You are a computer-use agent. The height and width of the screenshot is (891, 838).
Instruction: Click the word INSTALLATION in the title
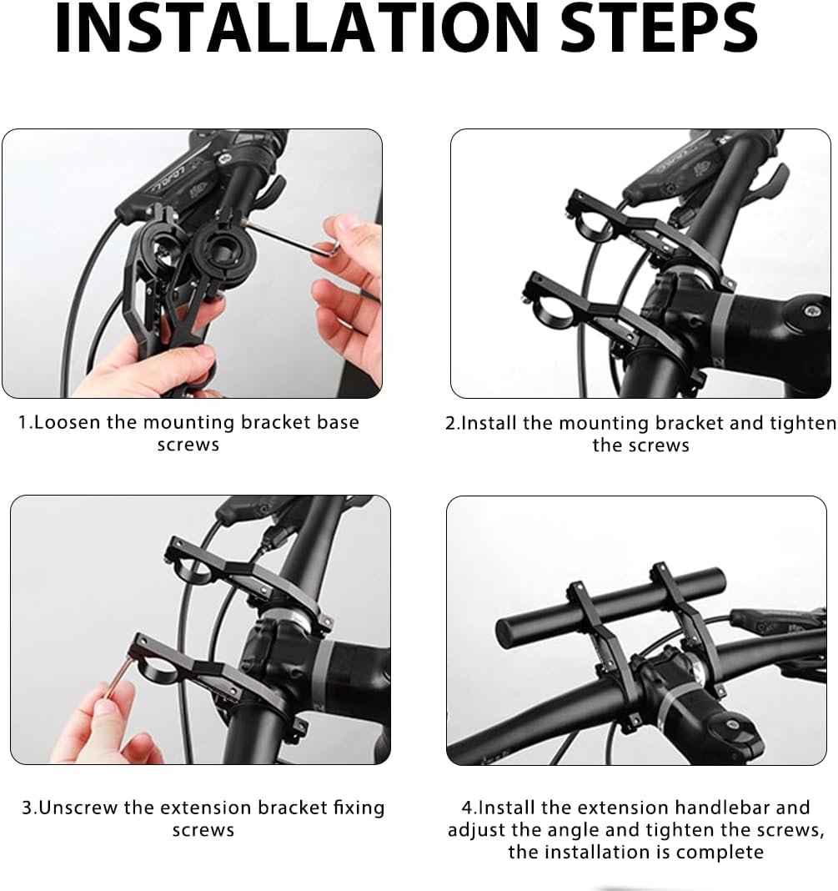coord(296,28)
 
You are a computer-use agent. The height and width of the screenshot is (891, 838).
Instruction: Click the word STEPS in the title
coord(659,28)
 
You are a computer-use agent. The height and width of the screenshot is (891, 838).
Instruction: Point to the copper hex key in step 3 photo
coord(118,677)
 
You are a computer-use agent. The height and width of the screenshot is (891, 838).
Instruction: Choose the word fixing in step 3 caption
coord(359,808)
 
